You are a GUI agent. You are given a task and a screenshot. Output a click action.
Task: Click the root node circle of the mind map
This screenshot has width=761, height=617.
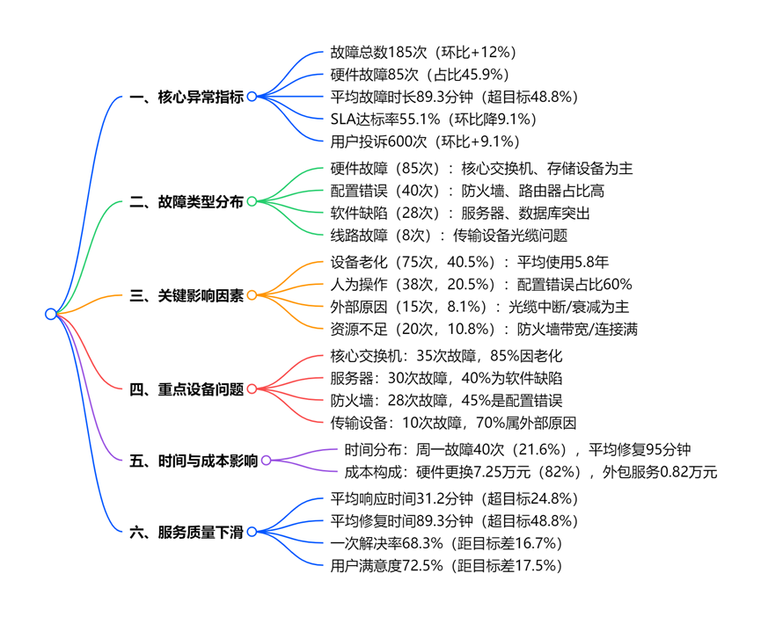tap(51, 314)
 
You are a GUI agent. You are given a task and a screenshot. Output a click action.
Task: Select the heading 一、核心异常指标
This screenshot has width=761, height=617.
tap(187, 97)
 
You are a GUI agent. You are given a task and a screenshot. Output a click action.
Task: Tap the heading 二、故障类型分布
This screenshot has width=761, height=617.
tap(187, 202)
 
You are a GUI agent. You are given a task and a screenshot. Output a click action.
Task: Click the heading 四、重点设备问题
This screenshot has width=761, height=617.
tap(187, 389)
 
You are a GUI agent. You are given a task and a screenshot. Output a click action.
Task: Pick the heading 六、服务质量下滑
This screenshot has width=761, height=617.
tap(187, 532)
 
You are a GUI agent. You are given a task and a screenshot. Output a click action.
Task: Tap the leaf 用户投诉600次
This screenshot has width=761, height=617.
tap(425, 141)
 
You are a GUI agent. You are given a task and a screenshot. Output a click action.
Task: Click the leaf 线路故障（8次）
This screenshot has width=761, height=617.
tap(449, 235)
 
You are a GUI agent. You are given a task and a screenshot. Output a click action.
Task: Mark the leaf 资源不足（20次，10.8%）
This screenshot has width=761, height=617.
tap(484, 329)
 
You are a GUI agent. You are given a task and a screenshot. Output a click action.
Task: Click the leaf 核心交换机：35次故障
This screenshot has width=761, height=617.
tap(446, 357)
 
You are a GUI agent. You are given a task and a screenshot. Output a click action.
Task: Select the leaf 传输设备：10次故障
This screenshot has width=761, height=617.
tap(453, 423)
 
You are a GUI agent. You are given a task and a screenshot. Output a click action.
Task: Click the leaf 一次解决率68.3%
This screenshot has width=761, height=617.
tap(446, 543)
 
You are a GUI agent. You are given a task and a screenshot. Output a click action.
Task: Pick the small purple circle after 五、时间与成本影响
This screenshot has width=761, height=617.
tap(267, 460)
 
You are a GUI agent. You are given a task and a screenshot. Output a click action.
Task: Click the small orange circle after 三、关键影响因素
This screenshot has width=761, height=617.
tap(252, 295)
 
